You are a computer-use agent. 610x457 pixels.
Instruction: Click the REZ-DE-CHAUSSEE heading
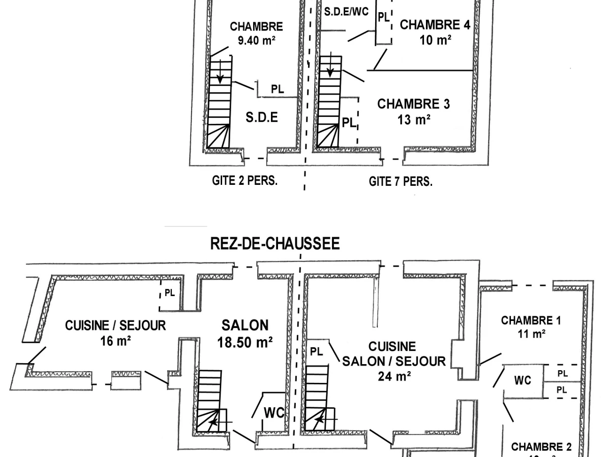coord(275,244)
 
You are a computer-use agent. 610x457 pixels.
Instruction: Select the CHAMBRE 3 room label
coord(413,104)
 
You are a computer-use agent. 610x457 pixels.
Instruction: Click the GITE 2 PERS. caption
coord(245,181)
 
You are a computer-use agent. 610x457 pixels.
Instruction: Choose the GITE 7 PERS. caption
coord(401,182)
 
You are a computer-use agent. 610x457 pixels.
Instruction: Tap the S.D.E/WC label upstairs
coord(347,11)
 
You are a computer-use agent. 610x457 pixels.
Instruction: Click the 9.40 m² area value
coord(256,41)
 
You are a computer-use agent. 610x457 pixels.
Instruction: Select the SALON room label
coord(245,325)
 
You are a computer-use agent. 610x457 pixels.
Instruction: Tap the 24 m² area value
coord(393,376)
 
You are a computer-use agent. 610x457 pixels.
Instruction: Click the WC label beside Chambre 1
coord(522,380)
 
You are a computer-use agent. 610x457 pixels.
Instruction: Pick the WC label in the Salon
coord(273,413)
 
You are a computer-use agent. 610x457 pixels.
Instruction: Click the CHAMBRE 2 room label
coord(541,447)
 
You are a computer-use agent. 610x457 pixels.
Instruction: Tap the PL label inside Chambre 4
coord(383,17)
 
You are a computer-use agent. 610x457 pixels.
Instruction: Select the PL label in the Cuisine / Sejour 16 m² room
coord(169,293)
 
